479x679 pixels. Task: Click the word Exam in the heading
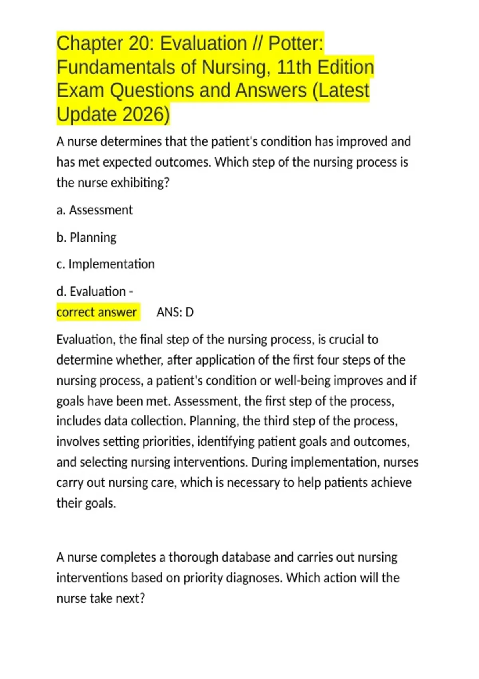(81, 91)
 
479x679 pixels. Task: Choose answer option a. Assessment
(95, 210)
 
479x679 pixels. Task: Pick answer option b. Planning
(87, 237)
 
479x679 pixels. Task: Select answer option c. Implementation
(106, 264)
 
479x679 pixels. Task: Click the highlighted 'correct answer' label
(97, 312)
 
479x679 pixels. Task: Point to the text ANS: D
(175, 312)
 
